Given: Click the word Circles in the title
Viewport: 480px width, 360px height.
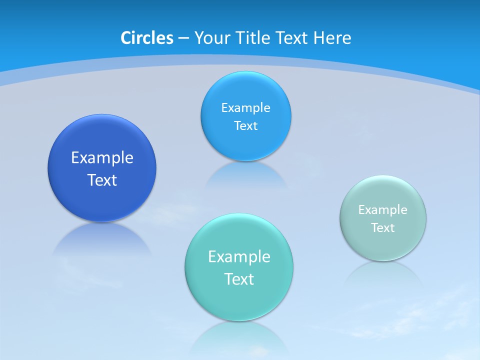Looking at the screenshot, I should tap(147, 38).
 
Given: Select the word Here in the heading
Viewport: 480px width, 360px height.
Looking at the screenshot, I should tap(332, 38).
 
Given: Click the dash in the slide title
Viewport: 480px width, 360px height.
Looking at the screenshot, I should tap(183, 38).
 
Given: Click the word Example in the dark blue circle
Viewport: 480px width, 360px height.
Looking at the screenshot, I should tap(102, 157).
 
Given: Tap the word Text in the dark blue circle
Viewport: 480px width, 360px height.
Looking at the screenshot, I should tap(102, 180).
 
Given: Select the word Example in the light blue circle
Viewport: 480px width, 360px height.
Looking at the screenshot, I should tap(245, 107).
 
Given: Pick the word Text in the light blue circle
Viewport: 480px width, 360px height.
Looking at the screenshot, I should tap(245, 125).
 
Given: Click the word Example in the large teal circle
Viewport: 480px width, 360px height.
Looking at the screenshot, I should tap(239, 256).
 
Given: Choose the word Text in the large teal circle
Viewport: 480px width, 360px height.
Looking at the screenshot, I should tap(239, 279).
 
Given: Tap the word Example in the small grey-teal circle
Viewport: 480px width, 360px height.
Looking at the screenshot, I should tap(382, 209).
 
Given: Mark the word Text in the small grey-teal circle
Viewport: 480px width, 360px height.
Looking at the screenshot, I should tap(382, 227).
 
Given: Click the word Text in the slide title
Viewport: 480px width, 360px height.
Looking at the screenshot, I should tap(292, 38).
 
